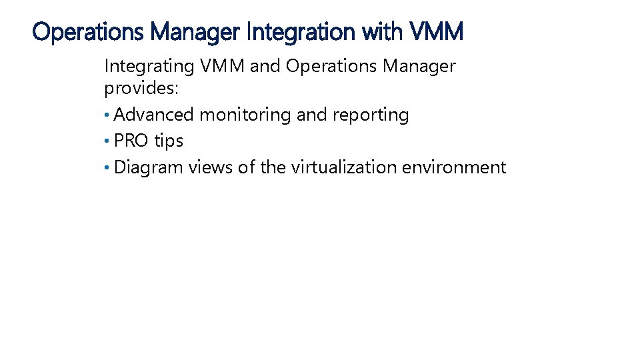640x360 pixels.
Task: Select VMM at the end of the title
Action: [436, 31]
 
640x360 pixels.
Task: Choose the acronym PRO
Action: [131, 141]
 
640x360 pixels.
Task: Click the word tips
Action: [169, 141]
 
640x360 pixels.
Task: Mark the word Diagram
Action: [149, 167]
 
